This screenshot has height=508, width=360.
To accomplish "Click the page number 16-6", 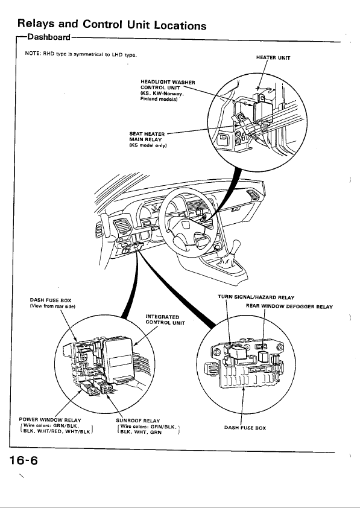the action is pyautogui.click(x=24, y=460).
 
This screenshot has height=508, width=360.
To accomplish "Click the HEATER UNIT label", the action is pyautogui.click(x=273, y=58).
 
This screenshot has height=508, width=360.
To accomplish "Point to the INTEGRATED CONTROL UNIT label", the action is pyautogui.click(x=165, y=319).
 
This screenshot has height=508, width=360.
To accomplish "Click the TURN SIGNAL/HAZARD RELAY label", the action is pyautogui.click(x=256, y=297).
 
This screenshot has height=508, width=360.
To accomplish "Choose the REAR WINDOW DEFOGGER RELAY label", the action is pyautogui.click(x=289, y=306).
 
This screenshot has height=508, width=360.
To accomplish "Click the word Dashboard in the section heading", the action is pyautogui.click(x=49, y=37).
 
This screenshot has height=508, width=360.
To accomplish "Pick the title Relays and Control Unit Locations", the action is pyautogui.click(x=112, y=24).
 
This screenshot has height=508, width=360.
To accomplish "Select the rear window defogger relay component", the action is pyautogui.click(x=262, y=357).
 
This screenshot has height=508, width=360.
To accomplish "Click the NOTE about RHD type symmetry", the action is pyautogui.click(x=81, y=54).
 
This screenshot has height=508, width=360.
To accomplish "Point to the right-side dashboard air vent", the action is pyautogui.click(x=252, y=195).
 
